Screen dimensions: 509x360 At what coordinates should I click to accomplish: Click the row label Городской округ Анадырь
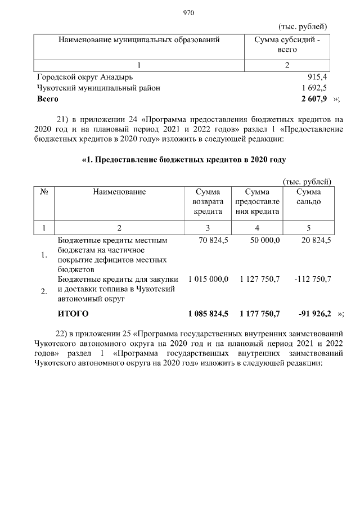(85, 77)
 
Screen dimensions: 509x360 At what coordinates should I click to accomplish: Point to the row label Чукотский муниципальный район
(98, 88)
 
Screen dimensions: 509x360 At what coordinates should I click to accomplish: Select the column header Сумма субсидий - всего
(287, 44)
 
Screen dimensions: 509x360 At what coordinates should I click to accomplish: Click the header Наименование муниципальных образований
(138, 40)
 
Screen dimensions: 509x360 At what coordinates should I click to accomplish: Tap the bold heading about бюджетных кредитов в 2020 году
(184, 160)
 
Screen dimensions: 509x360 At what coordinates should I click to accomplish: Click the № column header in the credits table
(43, 192)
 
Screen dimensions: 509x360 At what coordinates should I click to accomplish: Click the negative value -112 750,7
(312, 279)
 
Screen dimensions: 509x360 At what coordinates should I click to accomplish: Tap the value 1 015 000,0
(208, 279)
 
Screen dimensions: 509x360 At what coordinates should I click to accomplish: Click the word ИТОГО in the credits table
(74, 313)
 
